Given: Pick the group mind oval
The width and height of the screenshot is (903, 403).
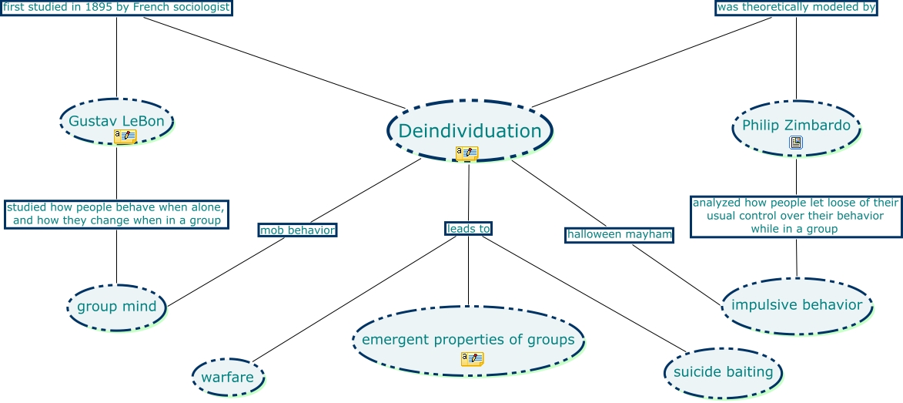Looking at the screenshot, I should [x=116, y=307].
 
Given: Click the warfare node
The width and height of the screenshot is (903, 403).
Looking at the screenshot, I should [x=227, y=378].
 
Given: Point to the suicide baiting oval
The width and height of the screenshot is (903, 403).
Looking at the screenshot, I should [x=723, y=372].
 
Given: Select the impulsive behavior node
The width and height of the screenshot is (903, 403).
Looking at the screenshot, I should [x=797, y=305].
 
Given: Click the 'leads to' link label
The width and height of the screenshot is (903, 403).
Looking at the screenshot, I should [x=468, y=228].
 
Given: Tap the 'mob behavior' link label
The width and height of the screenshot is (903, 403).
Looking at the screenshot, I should [x=297, y=230].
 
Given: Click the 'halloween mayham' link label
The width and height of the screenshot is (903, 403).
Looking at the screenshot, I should [x=619, y=233].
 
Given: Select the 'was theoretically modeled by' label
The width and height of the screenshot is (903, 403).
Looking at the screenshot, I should [x=796, y=8].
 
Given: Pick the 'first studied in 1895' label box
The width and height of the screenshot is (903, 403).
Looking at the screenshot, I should [x=116, y=8].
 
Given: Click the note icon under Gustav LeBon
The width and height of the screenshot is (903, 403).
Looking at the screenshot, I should [x=125, y=136].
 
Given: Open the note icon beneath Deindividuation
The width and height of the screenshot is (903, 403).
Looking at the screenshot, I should [x=467, y=153].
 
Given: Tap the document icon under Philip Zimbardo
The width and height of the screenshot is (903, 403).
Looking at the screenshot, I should [x=796, y=143].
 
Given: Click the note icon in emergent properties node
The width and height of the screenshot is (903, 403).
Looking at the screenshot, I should [x=472, y=358].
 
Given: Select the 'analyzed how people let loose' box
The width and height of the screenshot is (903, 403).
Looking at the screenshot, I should [x=795, y=216].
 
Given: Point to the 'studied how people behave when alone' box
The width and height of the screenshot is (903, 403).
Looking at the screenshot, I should [x=116, y=213].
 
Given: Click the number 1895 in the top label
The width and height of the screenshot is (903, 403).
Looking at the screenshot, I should [x=100, y=8].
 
